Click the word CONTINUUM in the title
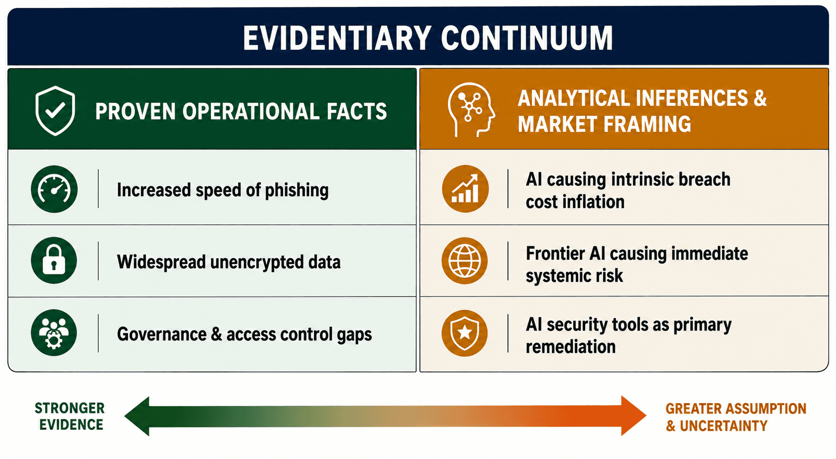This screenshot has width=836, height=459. pyautogui.click(x=526, y=38)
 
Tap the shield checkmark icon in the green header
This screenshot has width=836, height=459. pyautogui.click(x=55, y=111)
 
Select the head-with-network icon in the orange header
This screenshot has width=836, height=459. pyautogui.click(x=471, y=109)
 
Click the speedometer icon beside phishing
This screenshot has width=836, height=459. pyautogui.click(x=54, y=189)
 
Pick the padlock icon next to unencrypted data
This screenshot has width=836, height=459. pyautogui.click(x=54, y=260)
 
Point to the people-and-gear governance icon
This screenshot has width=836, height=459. pyautogui.click(x=54, y=333)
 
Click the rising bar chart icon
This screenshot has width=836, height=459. pyautogui.click(x=465, y=189)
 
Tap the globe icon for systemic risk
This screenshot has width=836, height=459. pyautogui.click(x=465, y=260)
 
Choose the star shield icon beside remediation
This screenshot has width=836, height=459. pyautogui.click(x=465, y=333)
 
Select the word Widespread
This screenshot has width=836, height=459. pyautogui.click(x=161, y=262)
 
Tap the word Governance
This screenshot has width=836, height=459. pyautogui.click(x=161, y=334)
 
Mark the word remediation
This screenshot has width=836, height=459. pyautogui.click(x=571, y=347)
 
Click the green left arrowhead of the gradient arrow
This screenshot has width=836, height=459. pyautogui.click(x=137, y=416)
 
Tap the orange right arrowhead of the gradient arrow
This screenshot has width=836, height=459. pyautogui.click(x=634, y=416)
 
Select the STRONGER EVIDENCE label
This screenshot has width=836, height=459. pyautogui.click(x=70, y=417)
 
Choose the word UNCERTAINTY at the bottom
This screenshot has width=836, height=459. pyautogui.click(x=724, y=426)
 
